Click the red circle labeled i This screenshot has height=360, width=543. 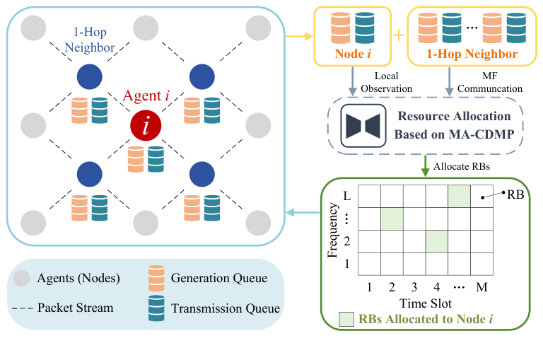click(x=146, y=126)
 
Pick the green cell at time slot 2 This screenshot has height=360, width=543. click(x=392, y=219)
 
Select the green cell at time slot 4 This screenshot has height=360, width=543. click(x=437, y=241)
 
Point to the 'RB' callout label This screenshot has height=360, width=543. click(x=515, y=194)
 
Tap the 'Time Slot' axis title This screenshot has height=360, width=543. click(x=426, y=303)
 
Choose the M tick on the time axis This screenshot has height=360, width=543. click(x=481, y=288)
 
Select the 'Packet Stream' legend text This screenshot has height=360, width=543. click(x=76, y=308)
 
